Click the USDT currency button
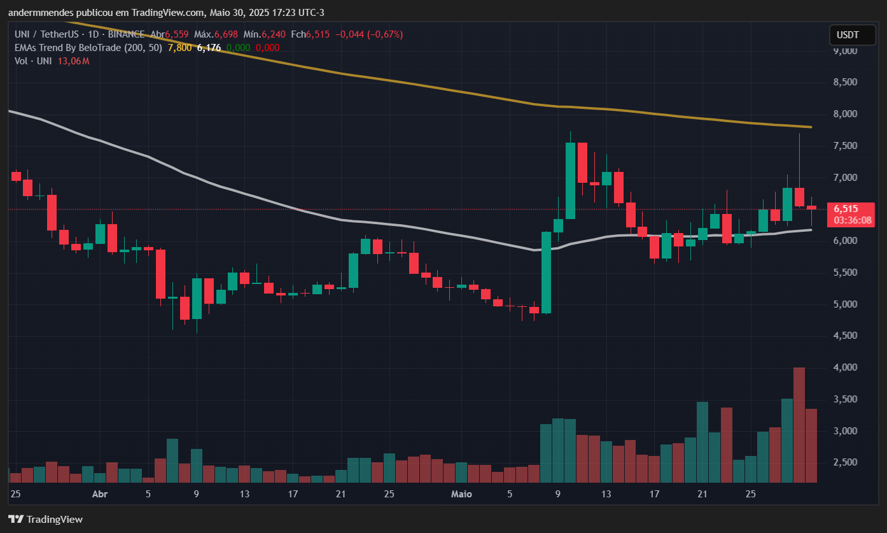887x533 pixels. pos(847,34)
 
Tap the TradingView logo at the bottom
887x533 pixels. pos(45,519)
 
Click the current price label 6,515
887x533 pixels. pos(846,209)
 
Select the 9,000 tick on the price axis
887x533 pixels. pos(845,51)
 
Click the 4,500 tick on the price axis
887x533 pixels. pos(845,336)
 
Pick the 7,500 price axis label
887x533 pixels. pos(845,146)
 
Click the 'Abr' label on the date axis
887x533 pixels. pos(100,494)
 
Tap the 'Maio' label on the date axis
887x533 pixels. pos(461,494)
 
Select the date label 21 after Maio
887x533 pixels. pos(702,494)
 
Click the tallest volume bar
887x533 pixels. pos(799,425)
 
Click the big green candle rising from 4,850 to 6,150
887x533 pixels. pos(546,273)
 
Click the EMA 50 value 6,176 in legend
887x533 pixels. pos(209,48)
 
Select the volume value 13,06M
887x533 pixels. pos(73,61)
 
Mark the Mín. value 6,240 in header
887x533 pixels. pos(274,34)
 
